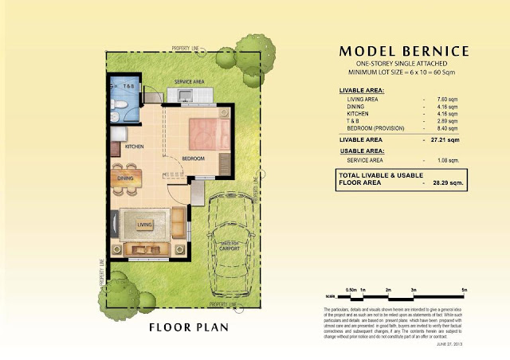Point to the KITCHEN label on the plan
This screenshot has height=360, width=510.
(133, 147)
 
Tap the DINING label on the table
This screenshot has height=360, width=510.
(126, 178)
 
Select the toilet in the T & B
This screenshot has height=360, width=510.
(118, 104)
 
